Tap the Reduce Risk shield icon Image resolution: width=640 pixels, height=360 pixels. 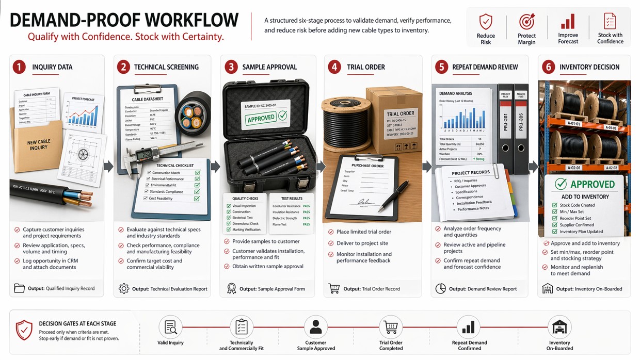(486, 22)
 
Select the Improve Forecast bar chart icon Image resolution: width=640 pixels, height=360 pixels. (568, 22)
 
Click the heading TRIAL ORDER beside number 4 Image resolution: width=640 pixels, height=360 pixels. (366, 67)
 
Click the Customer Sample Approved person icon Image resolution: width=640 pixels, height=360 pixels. (315, 327)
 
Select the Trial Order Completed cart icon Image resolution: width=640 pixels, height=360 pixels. (391, 327)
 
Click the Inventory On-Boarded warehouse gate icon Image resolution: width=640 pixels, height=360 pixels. (559, 327)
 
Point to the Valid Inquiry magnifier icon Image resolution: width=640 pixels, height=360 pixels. (170, 327)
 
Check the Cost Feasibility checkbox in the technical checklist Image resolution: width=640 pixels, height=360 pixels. (197, 199)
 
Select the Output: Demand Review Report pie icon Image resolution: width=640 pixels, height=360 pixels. (440, 289)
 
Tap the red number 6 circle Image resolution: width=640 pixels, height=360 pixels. (548, 67)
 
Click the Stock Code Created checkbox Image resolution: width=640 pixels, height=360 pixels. (555, 205)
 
